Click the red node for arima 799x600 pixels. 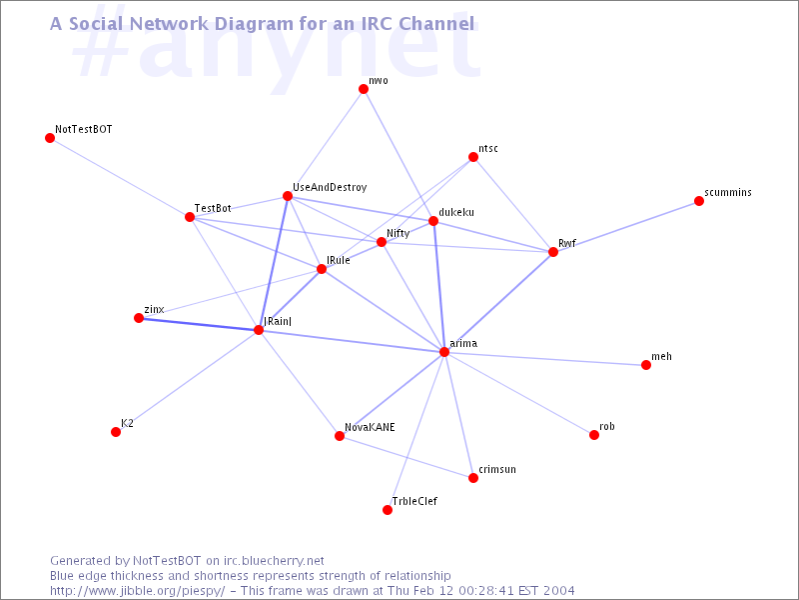(x=444, y=352)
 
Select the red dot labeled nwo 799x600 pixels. (x=364, y=89)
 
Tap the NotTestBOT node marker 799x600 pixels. (x=50, y=138)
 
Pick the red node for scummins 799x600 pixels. (x=699, y=201)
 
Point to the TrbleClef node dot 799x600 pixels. (x=388, y=510)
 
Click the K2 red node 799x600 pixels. (x=116, y=432)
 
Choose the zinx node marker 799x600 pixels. (x=139, y=318)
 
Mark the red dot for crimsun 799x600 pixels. (x=473, y=478)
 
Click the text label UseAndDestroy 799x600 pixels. (x=330, y=187)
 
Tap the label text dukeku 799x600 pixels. (x=456, y=212)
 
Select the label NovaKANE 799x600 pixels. (x=370, y=427)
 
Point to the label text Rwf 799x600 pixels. (x=567, y=243)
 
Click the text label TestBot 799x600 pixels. (x=213, y=208)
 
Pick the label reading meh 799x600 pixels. (x=661, y=356)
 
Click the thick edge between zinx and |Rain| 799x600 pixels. (x=199, y=324)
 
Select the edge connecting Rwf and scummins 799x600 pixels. (x=626, y=227)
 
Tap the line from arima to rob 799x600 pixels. (x=519, y=393)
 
